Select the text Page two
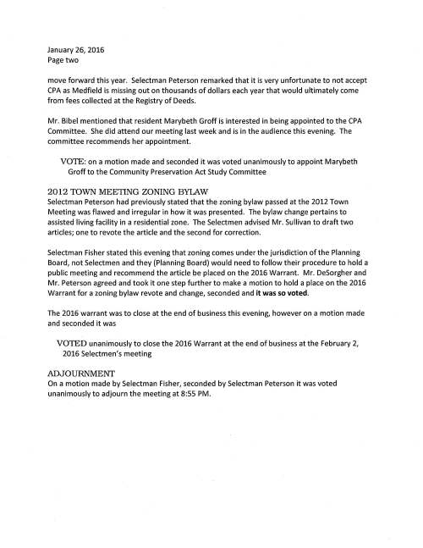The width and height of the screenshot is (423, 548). (x=64, y=61)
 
